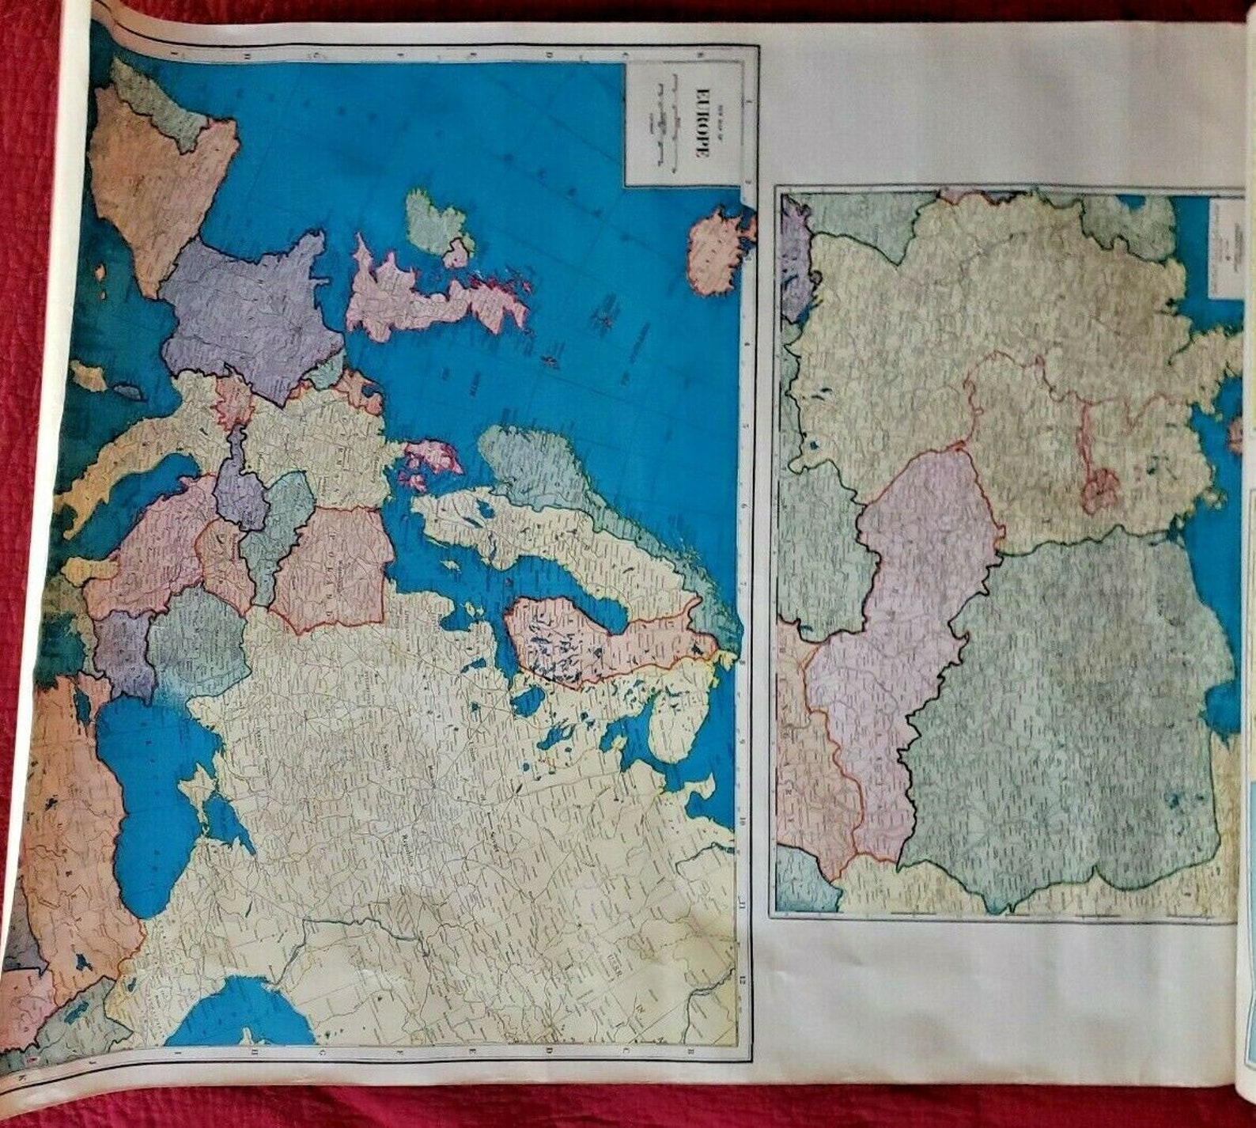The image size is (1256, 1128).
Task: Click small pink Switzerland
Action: pyautogui.click(x=233, y=399)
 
